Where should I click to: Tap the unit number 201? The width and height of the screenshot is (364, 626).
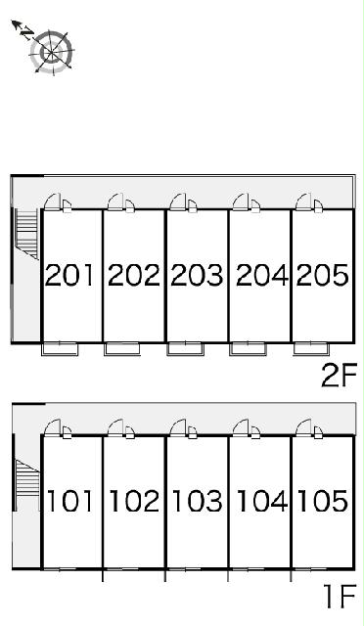pos(69,275)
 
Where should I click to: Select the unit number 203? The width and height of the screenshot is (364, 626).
pos(197,275)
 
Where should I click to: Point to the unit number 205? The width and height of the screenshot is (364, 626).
pos(322,275)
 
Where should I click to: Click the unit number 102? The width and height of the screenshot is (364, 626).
pos(134,501)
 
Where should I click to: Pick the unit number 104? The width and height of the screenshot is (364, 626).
pos(261,501)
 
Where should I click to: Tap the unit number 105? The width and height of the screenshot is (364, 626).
pos(323,501)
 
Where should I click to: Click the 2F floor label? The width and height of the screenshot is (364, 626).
pos(339,376)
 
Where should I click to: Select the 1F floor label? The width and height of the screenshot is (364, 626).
pos(340,597)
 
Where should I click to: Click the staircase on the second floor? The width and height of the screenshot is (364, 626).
pos(26,234)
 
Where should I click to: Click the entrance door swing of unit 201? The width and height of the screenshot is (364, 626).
pos(52,201)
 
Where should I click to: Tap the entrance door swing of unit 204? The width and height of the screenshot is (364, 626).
pos(241,201)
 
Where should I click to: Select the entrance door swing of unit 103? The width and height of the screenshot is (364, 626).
pos(178,427)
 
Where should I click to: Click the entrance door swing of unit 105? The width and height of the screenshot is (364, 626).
pos(303,427)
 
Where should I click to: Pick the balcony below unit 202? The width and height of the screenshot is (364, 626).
pos(122,349)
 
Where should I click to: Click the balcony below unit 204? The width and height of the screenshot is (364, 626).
pos(248,349)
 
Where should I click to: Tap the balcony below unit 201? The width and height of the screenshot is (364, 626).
pos(60,349)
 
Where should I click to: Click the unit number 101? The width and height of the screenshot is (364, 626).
pos(69,501)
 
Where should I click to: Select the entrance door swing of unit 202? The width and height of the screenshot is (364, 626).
pos(115,201)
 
